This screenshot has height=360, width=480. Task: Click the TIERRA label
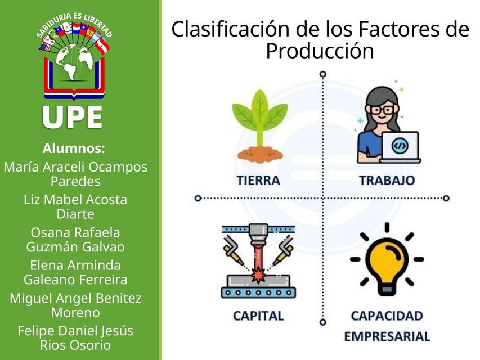coord(258,181)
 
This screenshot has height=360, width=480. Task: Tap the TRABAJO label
coord(387,181)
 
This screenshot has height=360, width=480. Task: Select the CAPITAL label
coord(258,316)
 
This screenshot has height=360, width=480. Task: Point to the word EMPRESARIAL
coord(387,337)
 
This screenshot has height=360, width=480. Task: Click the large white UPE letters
coord(73,117)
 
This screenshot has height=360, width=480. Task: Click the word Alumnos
coord(74,149)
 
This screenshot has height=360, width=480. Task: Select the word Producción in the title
coord(320,51)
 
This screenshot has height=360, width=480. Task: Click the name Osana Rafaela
coord(75,232)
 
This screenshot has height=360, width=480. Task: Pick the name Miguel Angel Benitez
coord(75,298)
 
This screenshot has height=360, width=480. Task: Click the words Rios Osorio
coord(75,345)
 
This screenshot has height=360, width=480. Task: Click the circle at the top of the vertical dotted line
coord(322,74)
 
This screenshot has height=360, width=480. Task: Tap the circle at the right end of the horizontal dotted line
coord(446,198)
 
